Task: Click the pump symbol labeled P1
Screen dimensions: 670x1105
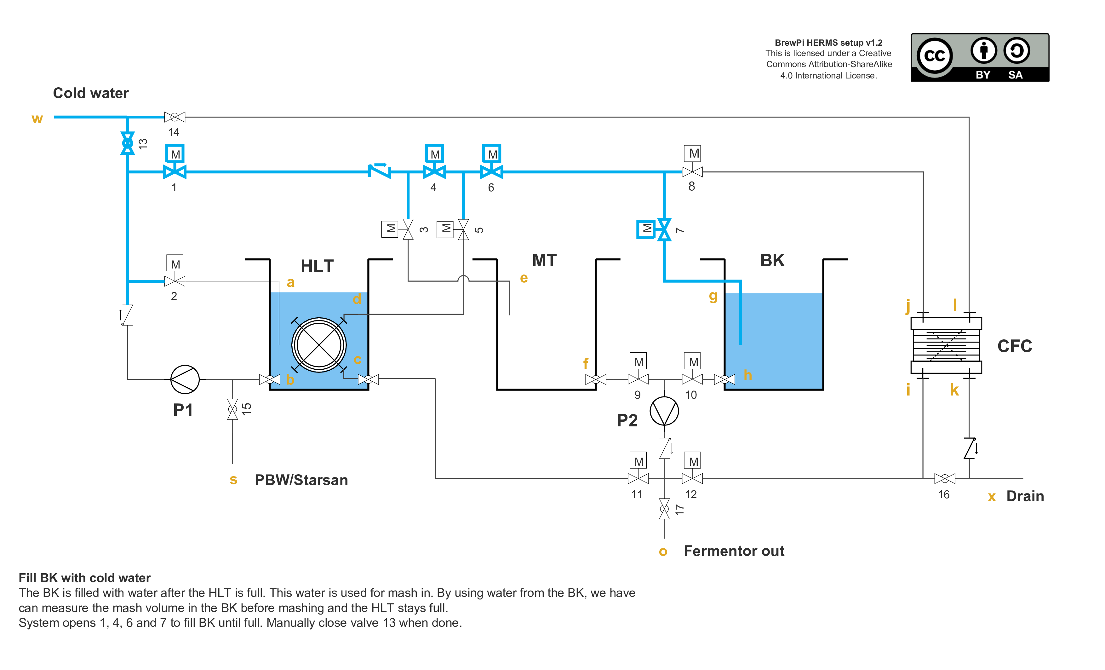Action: click(x=185, y=380)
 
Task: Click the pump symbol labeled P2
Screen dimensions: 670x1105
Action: click(x=664, y=411)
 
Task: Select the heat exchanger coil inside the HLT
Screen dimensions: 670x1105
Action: click(x=319, y=345)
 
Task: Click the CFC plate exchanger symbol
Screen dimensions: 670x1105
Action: click(x=946, y=345)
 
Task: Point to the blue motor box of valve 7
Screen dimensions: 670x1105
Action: click(x=646, y=229)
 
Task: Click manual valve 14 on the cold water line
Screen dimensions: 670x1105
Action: click(x=175, y=117)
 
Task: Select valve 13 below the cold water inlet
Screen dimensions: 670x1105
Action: click(x=128, y=143)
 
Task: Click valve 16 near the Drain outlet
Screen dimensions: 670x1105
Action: click(x=944, y=479)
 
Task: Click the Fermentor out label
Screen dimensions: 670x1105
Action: click(x=734, y=551)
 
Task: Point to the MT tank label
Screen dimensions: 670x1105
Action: click(x=544, y=260)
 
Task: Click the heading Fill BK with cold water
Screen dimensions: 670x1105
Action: click(x=84, y=578)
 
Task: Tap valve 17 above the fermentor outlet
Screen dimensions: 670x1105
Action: click(x=664, y=509)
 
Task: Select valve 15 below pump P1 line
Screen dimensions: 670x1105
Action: click(x=232, y=409)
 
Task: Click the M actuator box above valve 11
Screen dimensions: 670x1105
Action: click(x=638, y=461)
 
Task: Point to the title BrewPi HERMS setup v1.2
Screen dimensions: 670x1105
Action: click(x=828, y=43)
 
